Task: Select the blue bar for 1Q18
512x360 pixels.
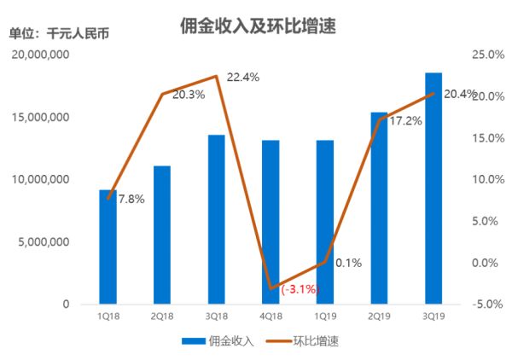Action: click(x=108, y=247)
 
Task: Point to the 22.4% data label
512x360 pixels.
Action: click(x=243, y=77)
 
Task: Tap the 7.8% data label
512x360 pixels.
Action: click(x=130, y=199)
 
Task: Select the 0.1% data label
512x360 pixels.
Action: click(x=348, y=263)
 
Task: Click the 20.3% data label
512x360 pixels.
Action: click(x=188, y=95)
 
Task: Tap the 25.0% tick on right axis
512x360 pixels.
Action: click(x=487, y=55)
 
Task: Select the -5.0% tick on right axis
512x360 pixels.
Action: click(x=487, y=304)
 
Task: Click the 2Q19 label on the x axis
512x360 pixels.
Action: click(x=379, y=316)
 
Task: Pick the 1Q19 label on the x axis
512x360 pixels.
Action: click(x=325, y=316)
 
